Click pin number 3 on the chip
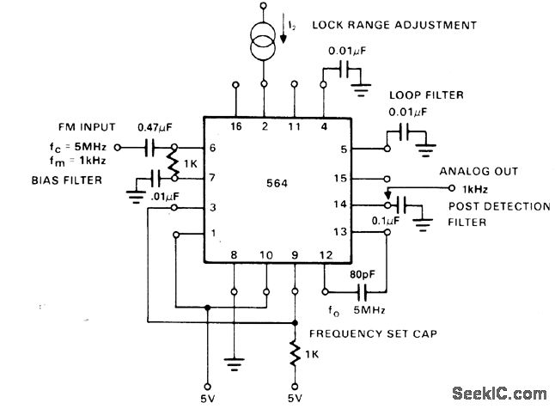[213, 208]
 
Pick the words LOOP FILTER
[422, 95]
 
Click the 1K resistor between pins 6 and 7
[176, 162]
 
